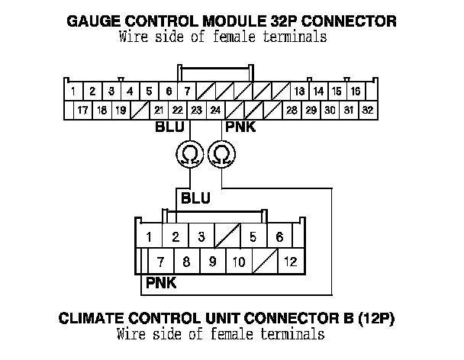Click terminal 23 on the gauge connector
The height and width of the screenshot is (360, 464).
coord(196,111)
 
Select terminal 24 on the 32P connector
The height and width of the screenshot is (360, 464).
coord(215,111)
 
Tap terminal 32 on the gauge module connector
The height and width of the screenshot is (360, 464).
coord(367,111)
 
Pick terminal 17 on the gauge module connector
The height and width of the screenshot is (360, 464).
coord(82,111)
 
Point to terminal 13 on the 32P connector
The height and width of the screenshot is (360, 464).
coord(299,92)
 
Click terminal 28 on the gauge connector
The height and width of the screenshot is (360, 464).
coord(292,111)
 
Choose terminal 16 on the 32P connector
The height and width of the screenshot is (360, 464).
coord(356,92)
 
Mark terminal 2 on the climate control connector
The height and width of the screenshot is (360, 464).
coord(176,236)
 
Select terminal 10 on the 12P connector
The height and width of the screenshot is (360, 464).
coord(239,262)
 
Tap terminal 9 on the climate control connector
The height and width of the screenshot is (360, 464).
coord(212,262)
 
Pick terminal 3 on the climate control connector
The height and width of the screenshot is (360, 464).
coord(201,236)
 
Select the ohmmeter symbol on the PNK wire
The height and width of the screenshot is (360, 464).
coord(221,155)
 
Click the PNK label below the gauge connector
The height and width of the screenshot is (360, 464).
coord(240,127)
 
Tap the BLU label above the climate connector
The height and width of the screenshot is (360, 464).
coord(195,198)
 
